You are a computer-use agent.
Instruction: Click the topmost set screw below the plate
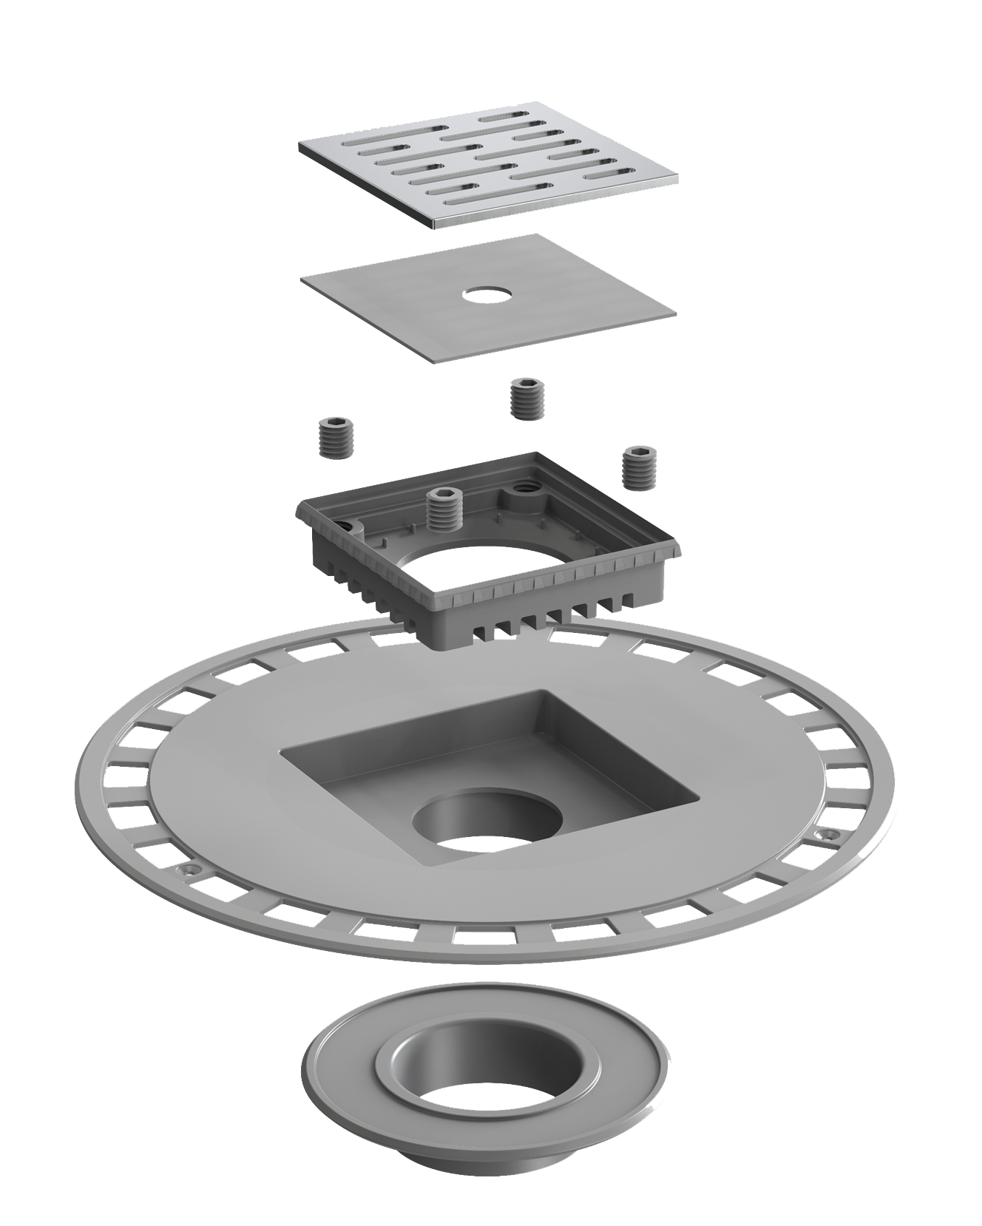[527, 396]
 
